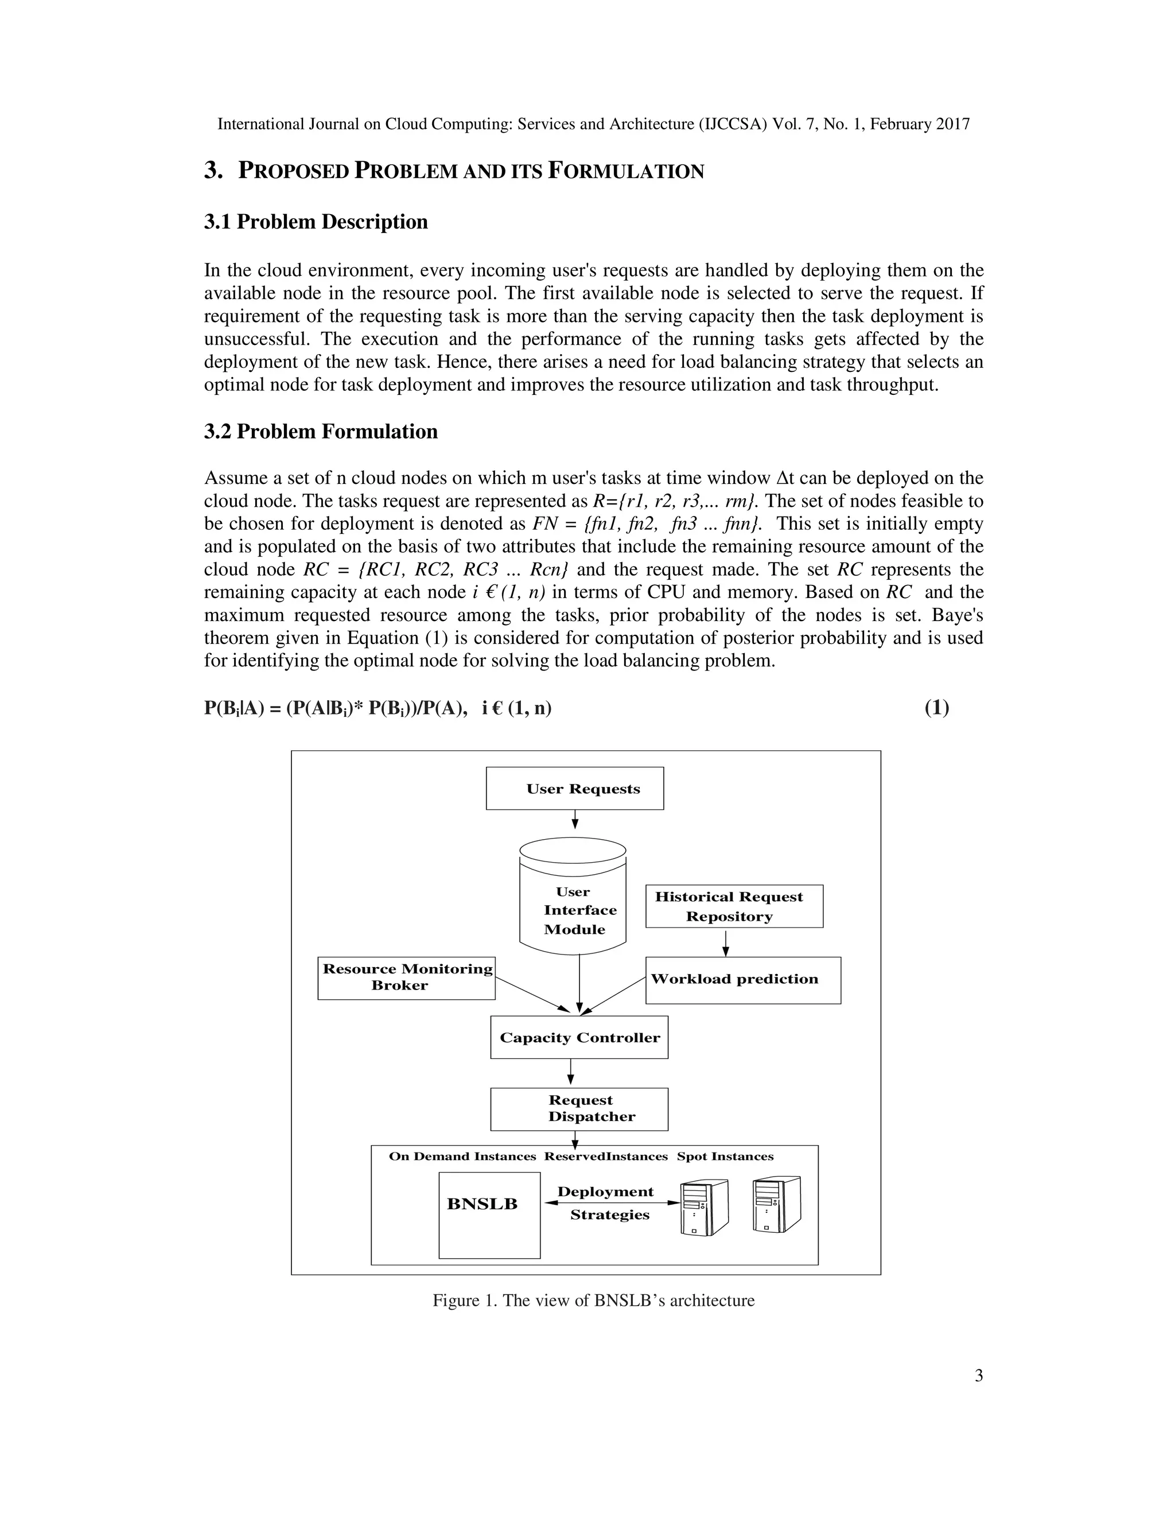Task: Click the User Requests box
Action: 574,789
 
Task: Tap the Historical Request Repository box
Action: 734,906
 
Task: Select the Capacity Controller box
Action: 578,1038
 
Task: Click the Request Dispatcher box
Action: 578,1109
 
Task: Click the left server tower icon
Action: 704,1208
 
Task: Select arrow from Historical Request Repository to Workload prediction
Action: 725,942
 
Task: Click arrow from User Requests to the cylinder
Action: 575,819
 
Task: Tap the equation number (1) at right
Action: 936,708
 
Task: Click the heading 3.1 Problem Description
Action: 316,222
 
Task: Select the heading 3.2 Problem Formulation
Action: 320,432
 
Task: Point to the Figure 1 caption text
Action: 593,1300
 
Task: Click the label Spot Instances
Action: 725,1157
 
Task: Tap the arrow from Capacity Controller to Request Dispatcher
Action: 571,1073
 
